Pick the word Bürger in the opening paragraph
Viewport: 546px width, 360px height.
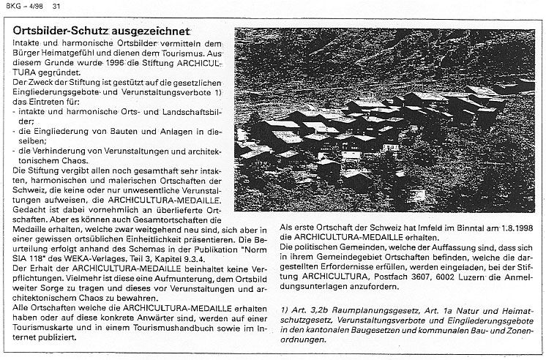pyautogui.click(x=26, y=53)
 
